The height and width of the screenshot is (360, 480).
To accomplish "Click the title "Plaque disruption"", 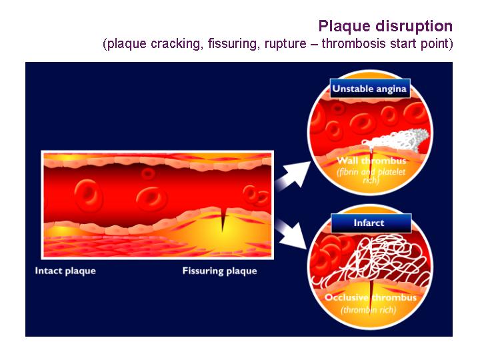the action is [x=385, y=26].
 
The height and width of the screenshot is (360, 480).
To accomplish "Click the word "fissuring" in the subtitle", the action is [x=233, y=44].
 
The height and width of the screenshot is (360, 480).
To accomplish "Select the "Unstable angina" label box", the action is [x=370, y=89].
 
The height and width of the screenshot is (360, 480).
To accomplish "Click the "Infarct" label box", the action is [x=371, y=223].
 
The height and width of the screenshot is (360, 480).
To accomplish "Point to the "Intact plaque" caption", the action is [x=65, y=271].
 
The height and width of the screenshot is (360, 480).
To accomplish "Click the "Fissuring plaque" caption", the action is [x=219, y=271].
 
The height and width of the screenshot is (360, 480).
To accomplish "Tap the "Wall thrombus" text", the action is [x=371, y=161].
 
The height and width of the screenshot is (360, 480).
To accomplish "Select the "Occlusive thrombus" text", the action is [x=371, y=297].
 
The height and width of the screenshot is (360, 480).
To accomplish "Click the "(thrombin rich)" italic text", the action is [x=369, y=310].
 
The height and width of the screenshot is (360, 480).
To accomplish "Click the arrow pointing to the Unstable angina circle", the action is [x=293, y=175].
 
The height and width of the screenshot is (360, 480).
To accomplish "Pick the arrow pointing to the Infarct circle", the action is [x=292, y=233].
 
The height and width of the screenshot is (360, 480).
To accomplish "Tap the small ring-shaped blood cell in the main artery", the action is [x=148, y=173].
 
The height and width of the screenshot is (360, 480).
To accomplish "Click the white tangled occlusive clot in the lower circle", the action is [x=371, y=260].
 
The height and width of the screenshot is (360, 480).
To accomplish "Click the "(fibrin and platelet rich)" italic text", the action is [x=371, y=176].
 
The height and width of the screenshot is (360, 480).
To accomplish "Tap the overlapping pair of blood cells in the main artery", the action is [x=256, y=195].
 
